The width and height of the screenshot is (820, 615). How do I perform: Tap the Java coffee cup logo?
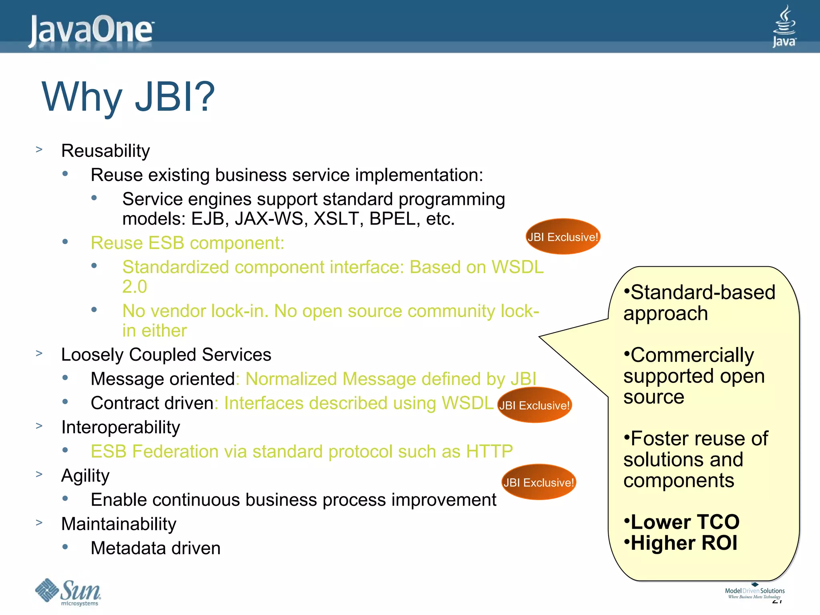click(x=784, y=26)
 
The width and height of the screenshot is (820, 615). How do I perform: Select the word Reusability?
click(x=105, y=151)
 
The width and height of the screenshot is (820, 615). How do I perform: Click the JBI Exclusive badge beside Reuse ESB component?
click(x=563, y=237)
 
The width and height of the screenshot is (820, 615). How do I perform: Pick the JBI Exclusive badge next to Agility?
click(x=539, y=482)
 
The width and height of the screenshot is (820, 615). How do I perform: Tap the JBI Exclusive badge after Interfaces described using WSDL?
click(x=534, y=405)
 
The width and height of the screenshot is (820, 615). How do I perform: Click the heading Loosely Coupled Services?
click(x=166, y=355)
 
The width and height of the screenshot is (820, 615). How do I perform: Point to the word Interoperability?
click(x=121, y=427)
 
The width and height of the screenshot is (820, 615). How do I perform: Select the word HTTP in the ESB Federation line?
click(x=489, y=451)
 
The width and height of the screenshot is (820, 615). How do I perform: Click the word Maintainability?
click(x=119, y=524)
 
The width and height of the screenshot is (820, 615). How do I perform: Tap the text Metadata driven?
click(x=155, y=548)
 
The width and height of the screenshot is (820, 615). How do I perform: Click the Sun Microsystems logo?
click(x=68, y=592)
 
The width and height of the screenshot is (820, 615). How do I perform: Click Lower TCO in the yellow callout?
click(x=685, y=522)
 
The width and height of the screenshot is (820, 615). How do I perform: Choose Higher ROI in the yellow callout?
click(x=684, y=543)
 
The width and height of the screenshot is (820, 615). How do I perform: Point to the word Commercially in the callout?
click(x=692, y=355)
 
